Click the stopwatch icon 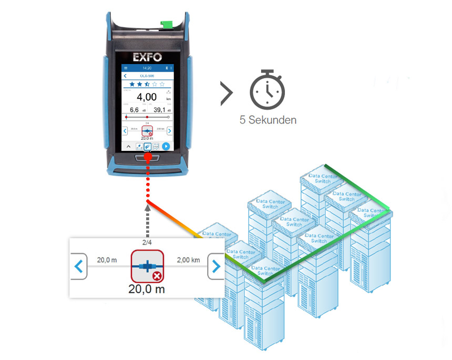(x=267, y=90)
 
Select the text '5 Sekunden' (x=268, y=120)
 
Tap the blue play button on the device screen (x=166, y=146)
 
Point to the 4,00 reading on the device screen (x=147, y=98)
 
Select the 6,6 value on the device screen (x=134, y=110)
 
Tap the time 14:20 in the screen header (x=147, y=68)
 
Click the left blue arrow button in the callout (x=79, y=266)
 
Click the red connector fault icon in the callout (x=147, y=266)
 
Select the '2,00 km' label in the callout (x=188, y=260)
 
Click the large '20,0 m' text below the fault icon (x=147, y=288)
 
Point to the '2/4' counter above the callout (x=147, y=242)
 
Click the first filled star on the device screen (x=132, y=84)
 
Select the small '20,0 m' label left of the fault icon (x=107, y=260)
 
